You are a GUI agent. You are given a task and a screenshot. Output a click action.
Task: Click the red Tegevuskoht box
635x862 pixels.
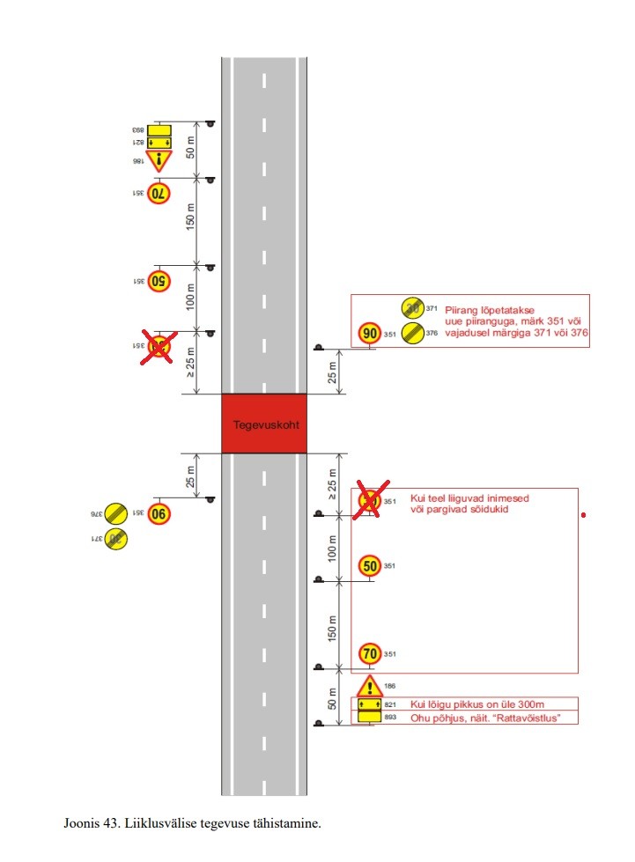click(x=264, y=424)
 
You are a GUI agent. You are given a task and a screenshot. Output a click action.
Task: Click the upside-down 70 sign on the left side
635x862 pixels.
click(x=159, y=193)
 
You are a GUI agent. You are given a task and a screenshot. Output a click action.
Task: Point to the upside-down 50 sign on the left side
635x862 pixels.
click(x=159, y=282)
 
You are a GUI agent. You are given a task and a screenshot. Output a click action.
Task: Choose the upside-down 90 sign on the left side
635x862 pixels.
click(x=159, y=513)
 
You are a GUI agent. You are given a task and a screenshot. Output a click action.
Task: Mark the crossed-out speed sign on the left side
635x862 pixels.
click(x=159, y=346)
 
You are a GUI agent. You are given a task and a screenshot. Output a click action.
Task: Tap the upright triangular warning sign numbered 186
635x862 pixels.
click(x=370, y=687)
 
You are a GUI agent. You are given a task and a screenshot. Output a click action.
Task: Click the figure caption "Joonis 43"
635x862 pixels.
click(x=192, y=824)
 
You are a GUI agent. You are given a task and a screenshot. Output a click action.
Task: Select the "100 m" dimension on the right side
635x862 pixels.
click(x=333, y=549)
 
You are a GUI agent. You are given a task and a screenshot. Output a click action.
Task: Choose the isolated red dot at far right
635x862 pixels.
click(x=583, y=514)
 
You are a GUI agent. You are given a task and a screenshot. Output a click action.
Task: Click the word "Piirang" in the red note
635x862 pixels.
click(x=465, y=310)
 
